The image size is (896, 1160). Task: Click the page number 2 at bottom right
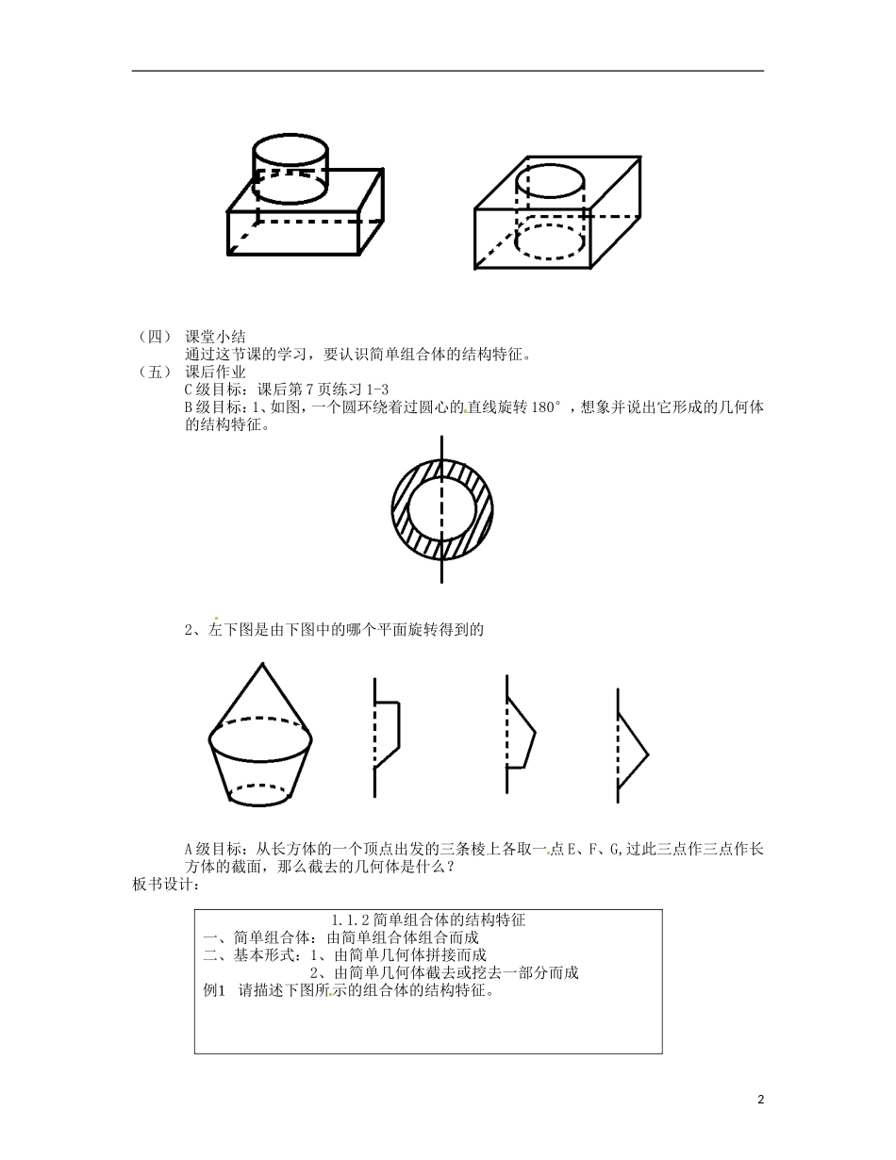pyautogui.click(x=760, y=1099)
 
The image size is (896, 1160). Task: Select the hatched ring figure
pyautogui.click(x=440, y=509)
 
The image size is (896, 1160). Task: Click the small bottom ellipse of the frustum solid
pyautogui.click(x=261, y=794)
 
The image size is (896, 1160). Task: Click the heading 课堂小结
pyautogui.click(x=216, y=337)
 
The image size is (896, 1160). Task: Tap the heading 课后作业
pyautogui.click(x=216, y=373)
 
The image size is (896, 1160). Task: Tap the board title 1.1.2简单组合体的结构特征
pyautogui.click(x=429, y=920)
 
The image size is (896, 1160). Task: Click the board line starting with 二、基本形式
pyautogui.click(x=345, y=954)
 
